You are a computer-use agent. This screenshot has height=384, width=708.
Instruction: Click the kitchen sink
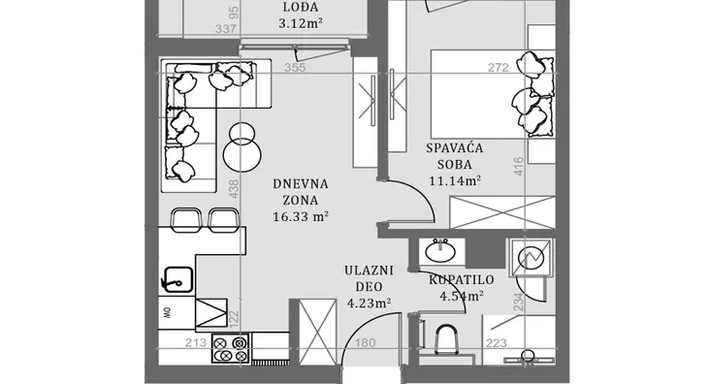click(x=177, y=280)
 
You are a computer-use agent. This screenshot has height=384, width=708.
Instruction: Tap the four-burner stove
click(x=230, y=348)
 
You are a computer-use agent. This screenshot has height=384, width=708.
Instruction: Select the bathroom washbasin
click(x=440, y=250)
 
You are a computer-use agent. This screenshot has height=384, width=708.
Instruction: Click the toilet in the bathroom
click(x=447, y=339)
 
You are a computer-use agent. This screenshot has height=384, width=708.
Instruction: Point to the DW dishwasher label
click(x=166, y=312)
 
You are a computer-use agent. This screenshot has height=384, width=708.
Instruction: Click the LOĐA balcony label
click(x=301, y=7)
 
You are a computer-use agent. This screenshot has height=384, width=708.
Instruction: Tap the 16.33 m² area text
click(x=301, y=216)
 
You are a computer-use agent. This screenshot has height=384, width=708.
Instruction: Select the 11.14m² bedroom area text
click(x=455, y=181)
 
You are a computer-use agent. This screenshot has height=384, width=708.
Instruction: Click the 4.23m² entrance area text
click(x=369, y=303)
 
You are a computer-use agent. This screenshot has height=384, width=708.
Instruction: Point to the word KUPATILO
click(x=462, y=280)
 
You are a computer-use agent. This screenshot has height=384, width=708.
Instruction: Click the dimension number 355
click(x=295, y=68)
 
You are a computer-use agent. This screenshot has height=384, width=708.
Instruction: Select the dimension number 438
click(x=234, y=189)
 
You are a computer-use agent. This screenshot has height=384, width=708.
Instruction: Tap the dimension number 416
click(x=519, y=166)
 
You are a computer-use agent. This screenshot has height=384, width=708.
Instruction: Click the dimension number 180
click(x=365, y=343)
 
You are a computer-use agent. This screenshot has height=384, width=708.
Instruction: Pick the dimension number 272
click(x=499, y=68)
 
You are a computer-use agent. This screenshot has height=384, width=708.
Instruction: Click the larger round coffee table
click(x=242, y=154)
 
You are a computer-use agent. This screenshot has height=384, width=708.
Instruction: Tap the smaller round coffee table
click(x=242, y=132)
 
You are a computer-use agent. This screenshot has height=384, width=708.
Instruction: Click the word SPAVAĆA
click(x=455, y=148)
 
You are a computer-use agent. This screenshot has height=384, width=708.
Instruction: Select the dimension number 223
click(x=497, y=343)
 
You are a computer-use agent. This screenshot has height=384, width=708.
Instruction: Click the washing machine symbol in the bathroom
click(x=531, y=258)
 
